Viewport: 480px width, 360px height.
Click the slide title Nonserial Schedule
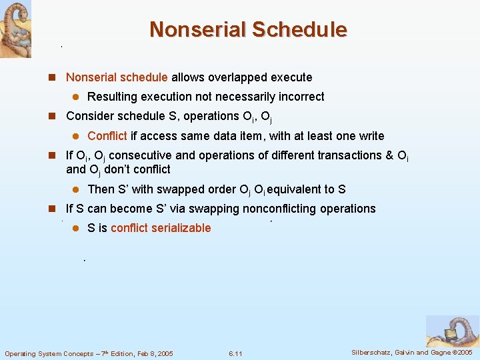pyautogui.click(x=248, y=30)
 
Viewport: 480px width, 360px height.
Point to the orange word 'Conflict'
pyautogui.click(x=107, y=136)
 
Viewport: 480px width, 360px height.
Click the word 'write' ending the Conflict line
pyautogui.click(x=371, y=136)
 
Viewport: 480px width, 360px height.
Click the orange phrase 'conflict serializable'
pyautogui.click(x=161, y=228)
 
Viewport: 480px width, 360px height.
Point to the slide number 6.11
pyautogui.click(x=235, y=353)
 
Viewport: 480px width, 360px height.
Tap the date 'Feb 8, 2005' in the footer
pyautogui.click(x=151, y=353)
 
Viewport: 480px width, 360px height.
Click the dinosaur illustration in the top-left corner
pyautogui.click(x=15, y=29)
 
